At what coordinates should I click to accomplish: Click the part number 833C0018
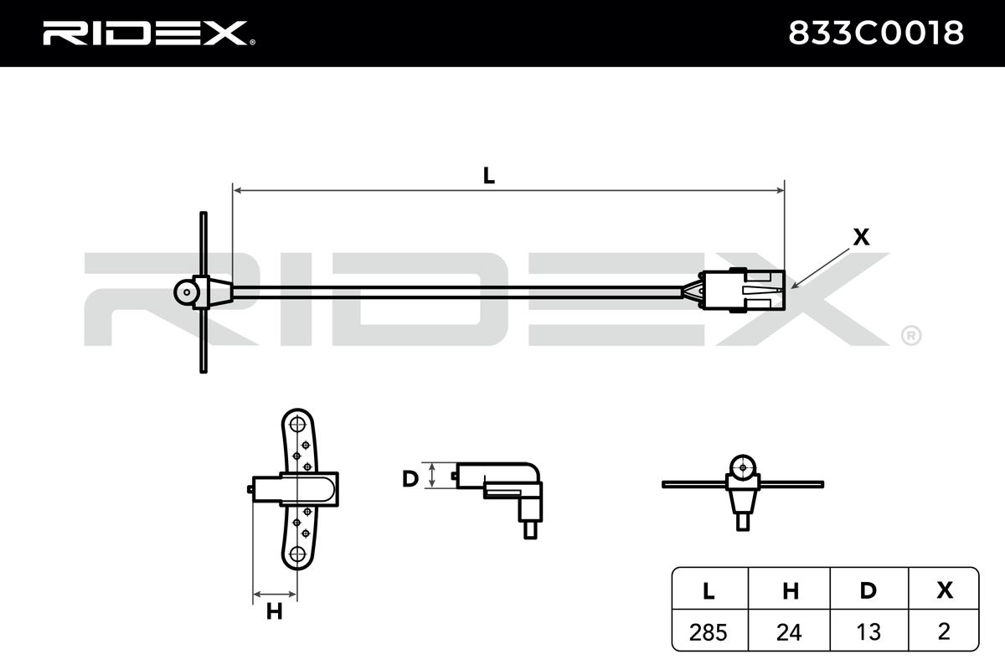[x=876, y=33]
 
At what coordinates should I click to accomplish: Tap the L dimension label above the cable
[x=488, y=176]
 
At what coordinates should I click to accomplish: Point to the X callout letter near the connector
[x=860, y=238]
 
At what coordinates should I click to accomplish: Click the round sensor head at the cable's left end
[x=185, y=291]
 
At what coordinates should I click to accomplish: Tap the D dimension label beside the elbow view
[x=410, y=478]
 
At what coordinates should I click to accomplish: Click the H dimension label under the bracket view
[x=274, y=612]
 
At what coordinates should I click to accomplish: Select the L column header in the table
[x=709, y=590]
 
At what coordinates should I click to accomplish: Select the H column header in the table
[x=788, y=590]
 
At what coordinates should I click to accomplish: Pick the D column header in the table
[x=868, y=590]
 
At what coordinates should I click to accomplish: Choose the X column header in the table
[x=945, y=590]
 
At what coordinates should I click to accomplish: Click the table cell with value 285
[x=709, y=631]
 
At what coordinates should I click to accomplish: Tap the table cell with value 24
[x=788, y=631]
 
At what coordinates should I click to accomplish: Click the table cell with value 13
[x=868, y=631]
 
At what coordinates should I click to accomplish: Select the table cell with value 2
[x=945, y=631]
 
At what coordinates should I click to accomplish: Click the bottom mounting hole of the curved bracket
[x=296, y=554]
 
